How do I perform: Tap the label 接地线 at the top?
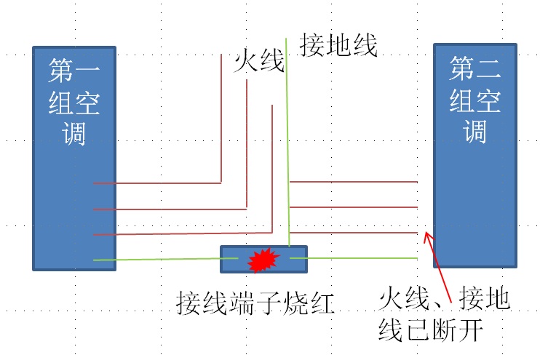point(339,46)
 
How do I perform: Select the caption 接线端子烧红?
point(255,302)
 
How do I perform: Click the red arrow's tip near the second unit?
point(427,236)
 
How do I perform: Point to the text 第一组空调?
point(74,102)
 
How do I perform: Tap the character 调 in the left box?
point(74,133)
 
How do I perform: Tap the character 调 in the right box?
point(475,132)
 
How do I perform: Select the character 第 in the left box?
point(61,71)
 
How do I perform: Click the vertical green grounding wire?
point(287,145)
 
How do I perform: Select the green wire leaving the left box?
point(156,259)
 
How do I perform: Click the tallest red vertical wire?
point(221,116)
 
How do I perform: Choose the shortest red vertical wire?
point(271,167)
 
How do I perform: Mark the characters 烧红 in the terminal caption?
point(309,302)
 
